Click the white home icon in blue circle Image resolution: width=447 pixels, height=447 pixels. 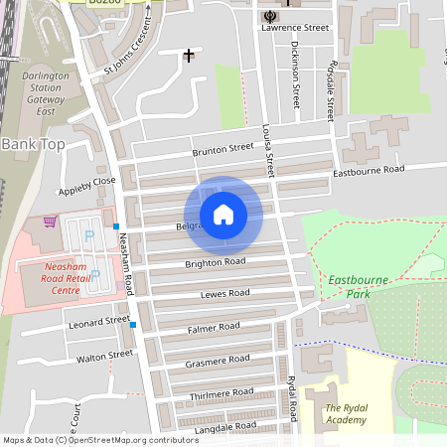(x=223, y=215)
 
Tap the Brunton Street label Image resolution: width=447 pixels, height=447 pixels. (x=223, y=149)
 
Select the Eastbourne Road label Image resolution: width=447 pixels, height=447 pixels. (x=369, y=171)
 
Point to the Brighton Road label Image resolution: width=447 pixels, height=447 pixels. (x=215, y=262)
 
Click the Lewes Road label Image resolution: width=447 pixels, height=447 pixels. (x=224, y=294)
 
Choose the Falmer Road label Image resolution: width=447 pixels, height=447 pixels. (x=214, y=327)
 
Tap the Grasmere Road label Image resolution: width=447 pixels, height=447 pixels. (x=217, y=360)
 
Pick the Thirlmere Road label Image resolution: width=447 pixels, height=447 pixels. (x=221, y=394)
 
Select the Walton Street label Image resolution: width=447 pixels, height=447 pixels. (x=104, y=355)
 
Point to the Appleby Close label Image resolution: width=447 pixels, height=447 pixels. (x=87, y=182)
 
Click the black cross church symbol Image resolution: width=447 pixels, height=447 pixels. (x=188, y=56)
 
